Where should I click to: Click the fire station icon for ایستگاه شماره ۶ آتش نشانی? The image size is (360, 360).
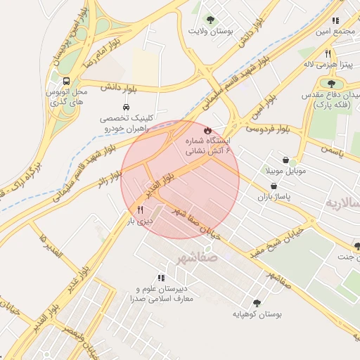pos(207,131)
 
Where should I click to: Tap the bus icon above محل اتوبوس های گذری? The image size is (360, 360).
pos(66,81)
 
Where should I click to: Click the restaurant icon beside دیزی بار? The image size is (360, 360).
pos(140,210)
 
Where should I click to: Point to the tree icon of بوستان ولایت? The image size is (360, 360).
pos(210,20)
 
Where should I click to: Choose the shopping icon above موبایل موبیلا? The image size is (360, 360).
pos(285,160)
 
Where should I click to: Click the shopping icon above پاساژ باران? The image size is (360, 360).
pos(273,186)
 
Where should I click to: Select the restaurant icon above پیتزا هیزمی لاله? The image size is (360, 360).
pos(328,53)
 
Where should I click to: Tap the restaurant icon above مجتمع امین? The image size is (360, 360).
pos(335,20)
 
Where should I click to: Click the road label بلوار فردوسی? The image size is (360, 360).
pos(268,129)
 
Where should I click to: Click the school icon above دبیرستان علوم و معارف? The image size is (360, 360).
pos(161,278)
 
